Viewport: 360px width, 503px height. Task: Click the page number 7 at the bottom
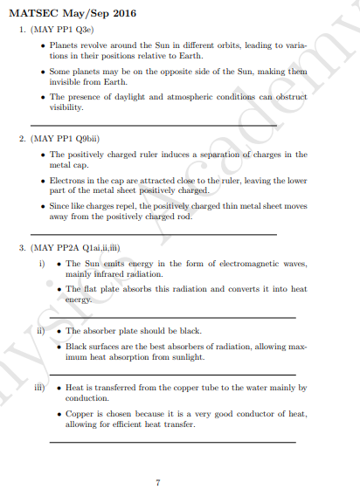(157, 482)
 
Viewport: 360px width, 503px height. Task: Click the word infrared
(109, 272)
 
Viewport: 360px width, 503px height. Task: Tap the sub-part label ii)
(40, 331)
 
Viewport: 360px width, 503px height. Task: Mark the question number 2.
(22, 138)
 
